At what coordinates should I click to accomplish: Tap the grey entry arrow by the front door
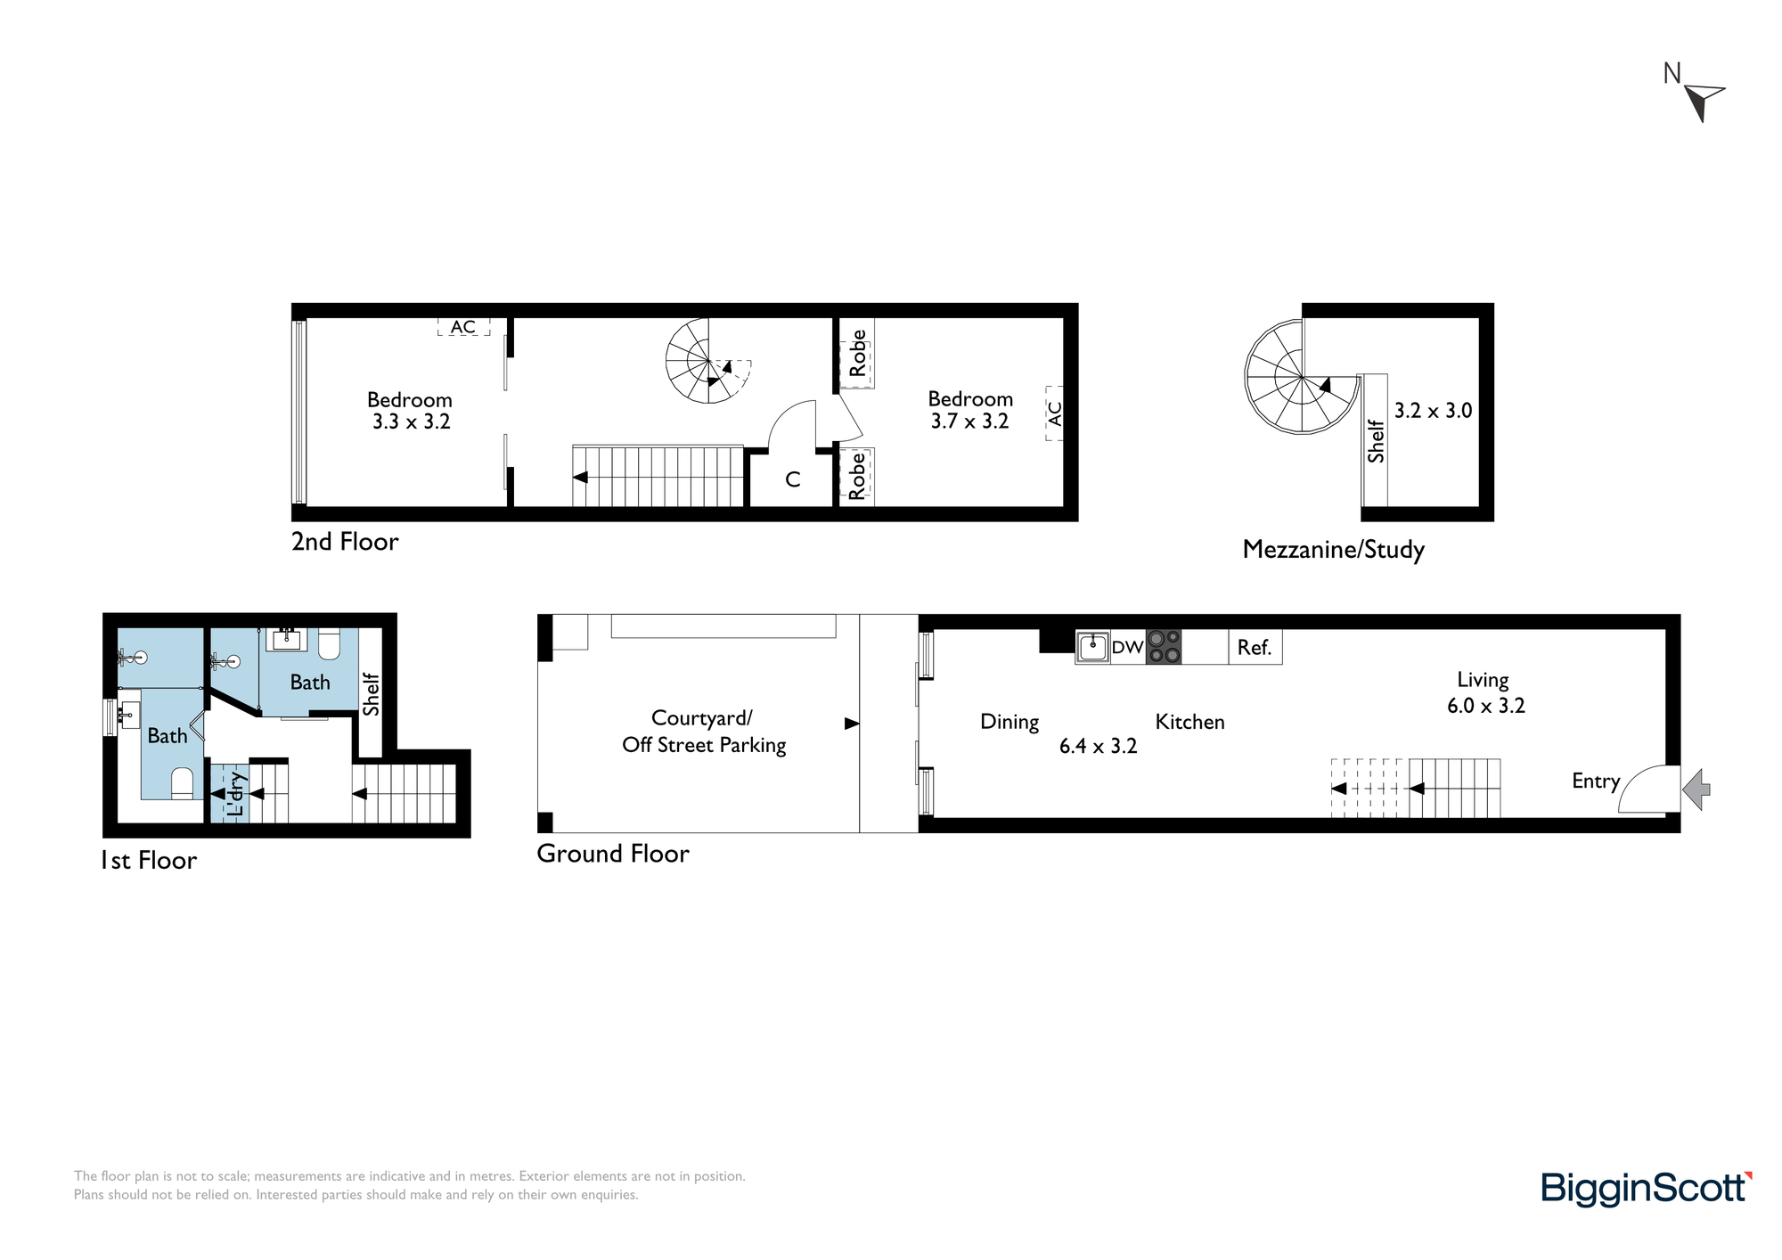pyautogui.click(x=1696, y=790)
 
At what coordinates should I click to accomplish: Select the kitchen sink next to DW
pyautogui.click(x=1092, y=647)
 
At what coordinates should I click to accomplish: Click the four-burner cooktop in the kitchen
pyautogui.click(x=1164, y=647)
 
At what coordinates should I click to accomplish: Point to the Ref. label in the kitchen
pyautogui.click(x=1254, y=648)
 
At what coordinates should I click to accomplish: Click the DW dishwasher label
pyautogui.click(x=1127, y=648)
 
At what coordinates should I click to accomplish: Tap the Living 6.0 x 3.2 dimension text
pyautogui.click(x=1486, y=706)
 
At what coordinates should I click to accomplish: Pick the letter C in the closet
pyautogui.click(x=793, y=479)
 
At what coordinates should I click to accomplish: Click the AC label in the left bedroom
pyautogui.click(x=462, y=327)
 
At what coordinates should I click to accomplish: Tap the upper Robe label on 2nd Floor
pyautogui.click(x=857, y=353)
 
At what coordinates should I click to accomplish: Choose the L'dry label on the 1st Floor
pyautogui.click(x=234, y=794)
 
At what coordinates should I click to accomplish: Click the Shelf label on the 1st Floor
pyautogui.click(x=371, y=694)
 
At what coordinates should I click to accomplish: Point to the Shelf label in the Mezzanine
pyautogui.click(x=1376, y=441)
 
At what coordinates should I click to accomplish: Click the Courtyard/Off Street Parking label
pyautogui.click(x=704, y=732)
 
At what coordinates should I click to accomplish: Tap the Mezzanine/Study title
pyautogui.click(x=1333, y=550)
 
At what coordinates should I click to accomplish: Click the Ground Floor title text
pyautogui.click(x=613, y=854)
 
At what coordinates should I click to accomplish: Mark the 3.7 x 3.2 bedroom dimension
pyautogui.click(x=969, y=421)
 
